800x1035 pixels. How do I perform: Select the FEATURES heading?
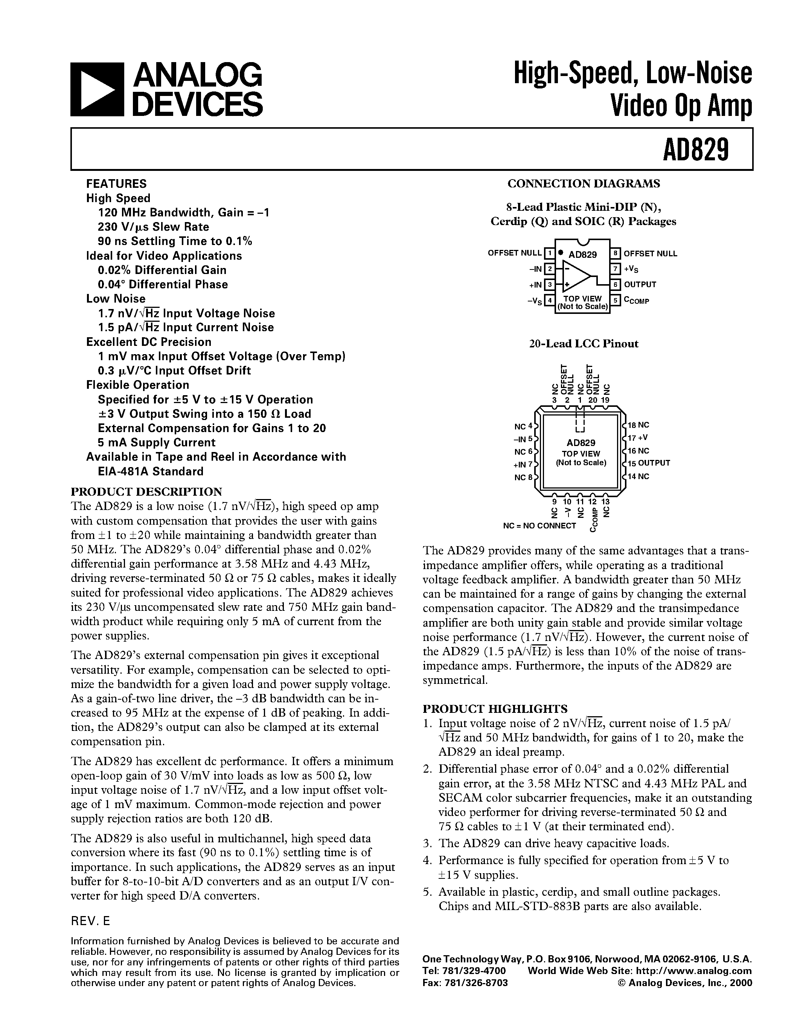[x=116, y=183]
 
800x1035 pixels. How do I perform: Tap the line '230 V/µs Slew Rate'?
[x=153, y=227]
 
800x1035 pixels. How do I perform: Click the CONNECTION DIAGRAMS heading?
[x=584, y=183]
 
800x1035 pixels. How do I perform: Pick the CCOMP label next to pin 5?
[x=637, y=300]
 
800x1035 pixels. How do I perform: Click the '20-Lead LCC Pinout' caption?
[x=584, y=344]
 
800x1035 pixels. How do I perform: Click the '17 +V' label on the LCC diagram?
[x=638, y=438]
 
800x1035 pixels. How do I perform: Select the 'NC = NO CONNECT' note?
[x=539, y=525]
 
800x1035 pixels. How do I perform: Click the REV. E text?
[x=90, y=921]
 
